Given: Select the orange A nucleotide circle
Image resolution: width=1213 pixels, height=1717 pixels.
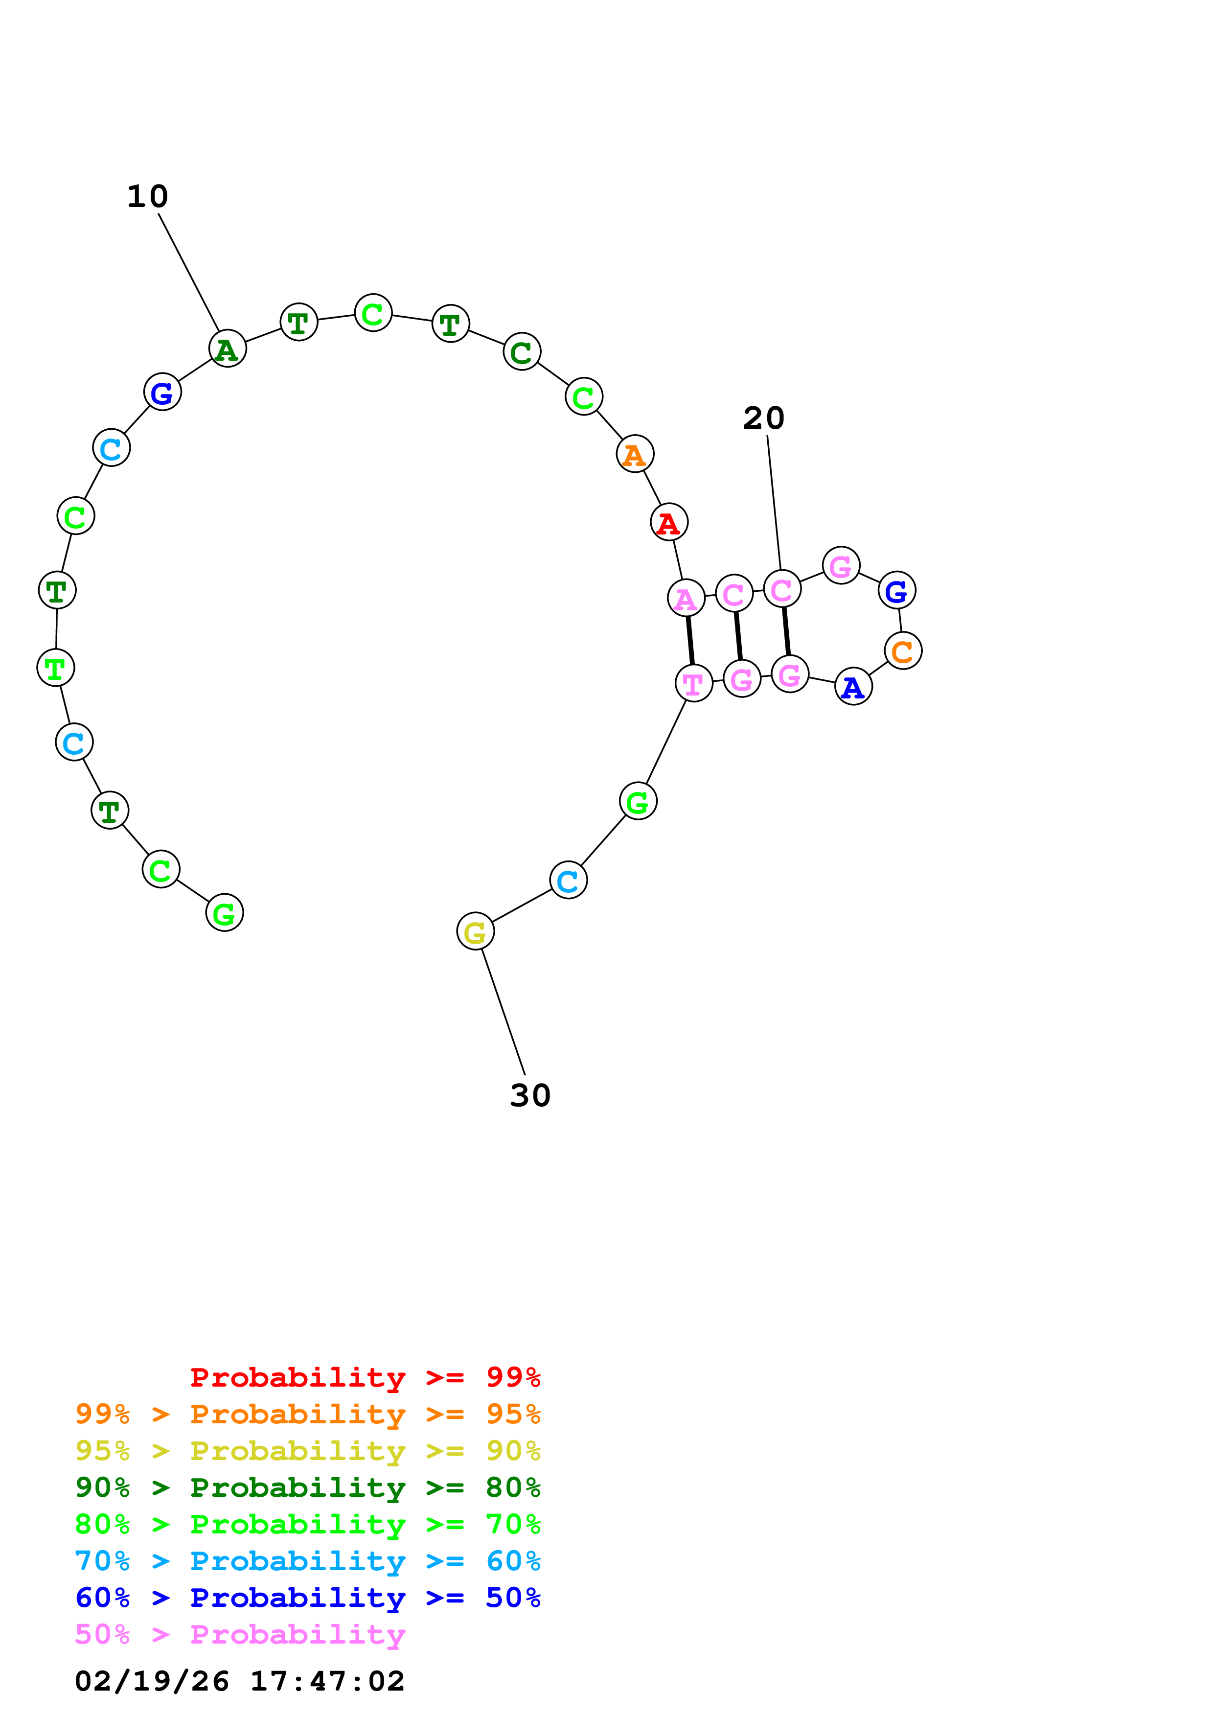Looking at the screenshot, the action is [635, 454].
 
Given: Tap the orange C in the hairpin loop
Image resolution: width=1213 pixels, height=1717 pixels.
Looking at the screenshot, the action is [903, 650].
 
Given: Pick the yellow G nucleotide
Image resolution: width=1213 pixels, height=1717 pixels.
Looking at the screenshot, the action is [475, 931].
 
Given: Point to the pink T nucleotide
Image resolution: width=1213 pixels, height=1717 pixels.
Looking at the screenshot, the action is [693, 683].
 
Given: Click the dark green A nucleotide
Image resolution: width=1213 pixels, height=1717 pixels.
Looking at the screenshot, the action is [227, 348].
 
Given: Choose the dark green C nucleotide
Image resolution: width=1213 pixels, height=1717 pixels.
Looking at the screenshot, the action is [522, 351].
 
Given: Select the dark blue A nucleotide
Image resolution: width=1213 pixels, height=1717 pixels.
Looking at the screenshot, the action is [853, 687].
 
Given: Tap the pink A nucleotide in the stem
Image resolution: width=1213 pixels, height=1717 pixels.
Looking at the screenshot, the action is [686, 598].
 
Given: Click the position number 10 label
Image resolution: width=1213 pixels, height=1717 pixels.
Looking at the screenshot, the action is [148, 197].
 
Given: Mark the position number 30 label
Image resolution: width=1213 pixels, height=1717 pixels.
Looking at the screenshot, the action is [530, 1095].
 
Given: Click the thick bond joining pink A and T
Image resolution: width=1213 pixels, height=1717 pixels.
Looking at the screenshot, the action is [690, 640].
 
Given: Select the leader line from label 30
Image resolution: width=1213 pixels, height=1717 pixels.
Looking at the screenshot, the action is [503, 1011].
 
